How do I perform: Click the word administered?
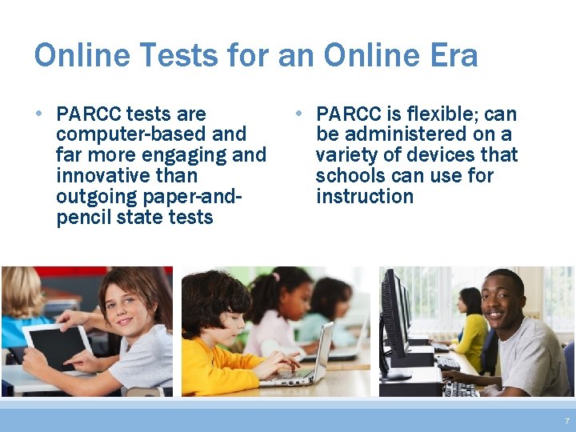click(x=414, y=134)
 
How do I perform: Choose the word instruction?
click(x=365, y=197)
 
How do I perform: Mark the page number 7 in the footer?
click(x=567, y=421)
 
